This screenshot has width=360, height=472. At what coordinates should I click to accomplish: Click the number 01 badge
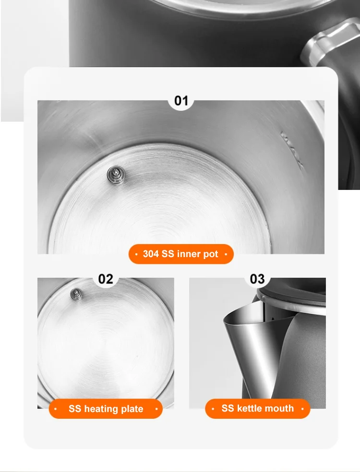[x=181, y=101]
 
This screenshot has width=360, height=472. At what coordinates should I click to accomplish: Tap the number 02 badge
[x=106, y=279]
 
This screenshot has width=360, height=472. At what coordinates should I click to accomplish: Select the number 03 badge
[x=257, y=279]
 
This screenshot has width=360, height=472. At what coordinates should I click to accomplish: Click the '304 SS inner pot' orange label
[x=180, y=254]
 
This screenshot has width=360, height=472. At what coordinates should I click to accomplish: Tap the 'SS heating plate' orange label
[x=106, y=409]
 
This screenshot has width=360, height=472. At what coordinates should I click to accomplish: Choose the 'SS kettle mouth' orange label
[x=257, y=409]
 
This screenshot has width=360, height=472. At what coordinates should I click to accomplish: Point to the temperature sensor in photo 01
[x=115, y=174]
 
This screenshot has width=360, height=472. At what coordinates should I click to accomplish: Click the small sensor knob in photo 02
[x=76, y=293]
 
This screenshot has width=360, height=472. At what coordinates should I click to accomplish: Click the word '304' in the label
[x=151, y=254]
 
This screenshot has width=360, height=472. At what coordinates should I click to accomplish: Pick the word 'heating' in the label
[x=101, y=409]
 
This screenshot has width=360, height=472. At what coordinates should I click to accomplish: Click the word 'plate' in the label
[x=131, y=409]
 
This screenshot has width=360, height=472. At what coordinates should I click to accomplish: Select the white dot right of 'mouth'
[x=302, y=409]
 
